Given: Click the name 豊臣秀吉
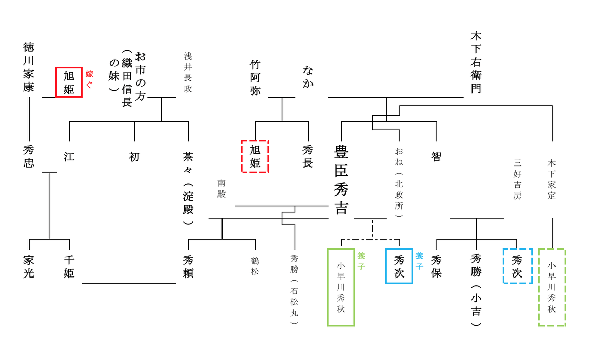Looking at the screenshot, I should tap(341, 179).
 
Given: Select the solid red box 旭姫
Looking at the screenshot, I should tap(69, 82).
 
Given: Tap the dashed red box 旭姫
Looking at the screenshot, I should tap(255, 156).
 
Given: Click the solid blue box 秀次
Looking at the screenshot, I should tap(399, 266).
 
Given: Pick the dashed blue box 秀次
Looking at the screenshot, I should tap(517, 266).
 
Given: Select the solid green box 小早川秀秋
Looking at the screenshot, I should tap(341, 287).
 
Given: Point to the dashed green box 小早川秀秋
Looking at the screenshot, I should tap(552, 287).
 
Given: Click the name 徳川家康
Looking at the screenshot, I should tap(29, 67).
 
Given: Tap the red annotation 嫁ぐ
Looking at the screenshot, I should tap(89, 79).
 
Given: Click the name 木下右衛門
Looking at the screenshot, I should tap(476, 62).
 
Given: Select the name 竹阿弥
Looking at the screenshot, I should tap(255, 77).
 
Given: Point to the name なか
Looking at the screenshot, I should tap(308, 76).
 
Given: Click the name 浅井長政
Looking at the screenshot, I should tap(188, 72).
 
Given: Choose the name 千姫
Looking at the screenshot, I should tap(69, 266).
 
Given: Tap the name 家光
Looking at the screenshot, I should tap(29, 266).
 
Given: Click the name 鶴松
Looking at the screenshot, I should tap(255, 266).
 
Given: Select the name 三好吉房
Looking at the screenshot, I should tap(517, 179).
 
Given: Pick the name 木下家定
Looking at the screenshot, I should tap(552, 179).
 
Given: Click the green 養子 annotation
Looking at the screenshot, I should tap(362, 260).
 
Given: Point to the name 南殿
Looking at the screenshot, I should tap(221, 188).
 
